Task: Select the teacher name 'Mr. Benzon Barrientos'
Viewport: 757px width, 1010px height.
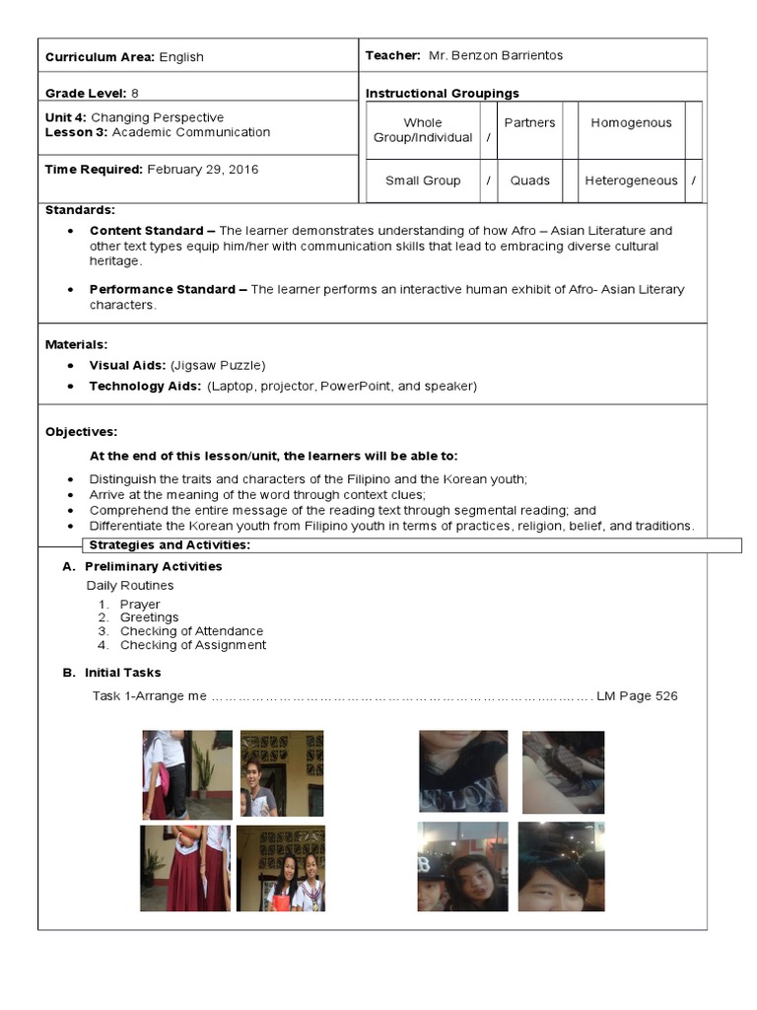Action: [496, 56]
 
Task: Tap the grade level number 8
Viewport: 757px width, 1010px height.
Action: [135, 94]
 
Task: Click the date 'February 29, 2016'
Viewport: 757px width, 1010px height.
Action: [202, 170]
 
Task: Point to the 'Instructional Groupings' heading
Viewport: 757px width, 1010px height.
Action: [442, 94]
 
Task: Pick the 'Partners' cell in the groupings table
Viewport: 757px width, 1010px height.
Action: [529, 123]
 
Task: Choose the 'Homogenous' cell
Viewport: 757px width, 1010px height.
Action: [631, 123]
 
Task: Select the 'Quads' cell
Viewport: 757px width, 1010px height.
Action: [529, 181]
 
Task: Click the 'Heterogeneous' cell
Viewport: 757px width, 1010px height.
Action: [631, 181]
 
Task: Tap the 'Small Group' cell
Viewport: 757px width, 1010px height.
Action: [423, 181]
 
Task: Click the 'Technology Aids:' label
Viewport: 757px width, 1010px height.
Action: [145, 387]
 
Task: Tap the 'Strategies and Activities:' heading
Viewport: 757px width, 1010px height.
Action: [170, 546]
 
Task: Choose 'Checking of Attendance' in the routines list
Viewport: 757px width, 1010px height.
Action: [191, 631]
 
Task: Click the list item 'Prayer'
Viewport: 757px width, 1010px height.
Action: [140, 605]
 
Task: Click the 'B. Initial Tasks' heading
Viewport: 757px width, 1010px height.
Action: [123, 673]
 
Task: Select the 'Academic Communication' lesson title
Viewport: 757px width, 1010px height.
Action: [190, 132]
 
